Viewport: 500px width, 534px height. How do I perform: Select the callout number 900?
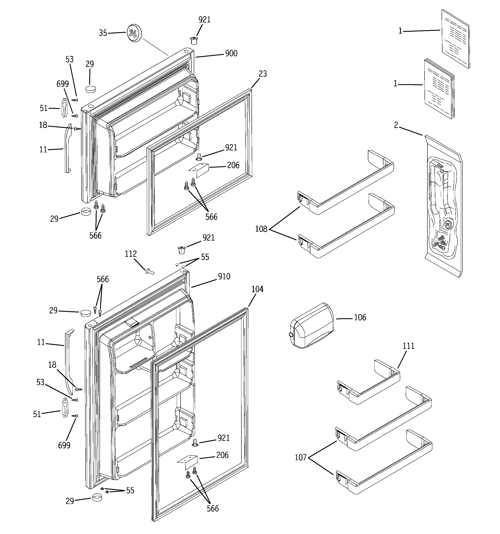[231, 54]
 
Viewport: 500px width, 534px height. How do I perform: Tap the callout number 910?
[224, 276]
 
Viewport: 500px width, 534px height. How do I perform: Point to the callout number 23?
[262, 74]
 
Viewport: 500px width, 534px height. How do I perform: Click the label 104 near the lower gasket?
[257, 289]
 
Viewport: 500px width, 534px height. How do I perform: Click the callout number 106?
[360, 318]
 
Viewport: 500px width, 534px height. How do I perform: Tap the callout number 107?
[301, 457]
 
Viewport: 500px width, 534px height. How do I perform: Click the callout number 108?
[261, 229]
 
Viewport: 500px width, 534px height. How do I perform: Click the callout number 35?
[103, 33]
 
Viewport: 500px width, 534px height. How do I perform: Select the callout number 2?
[396, 125]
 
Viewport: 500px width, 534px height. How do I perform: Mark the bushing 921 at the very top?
[193, 41]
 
